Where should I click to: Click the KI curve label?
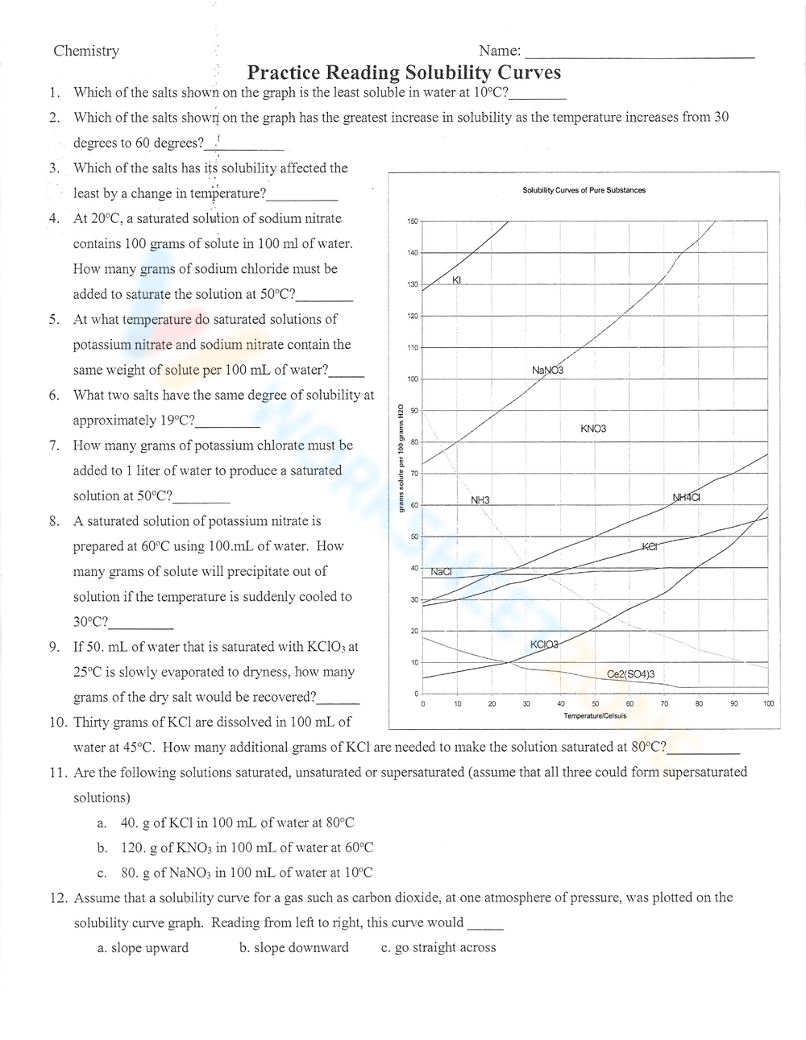456,280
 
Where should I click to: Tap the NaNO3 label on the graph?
548,370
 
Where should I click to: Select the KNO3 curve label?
593,429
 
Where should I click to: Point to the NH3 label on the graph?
480,500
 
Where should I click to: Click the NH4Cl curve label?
686,497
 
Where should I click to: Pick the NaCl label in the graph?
441,571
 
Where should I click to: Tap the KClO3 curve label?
544,644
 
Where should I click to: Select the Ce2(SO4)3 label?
630,674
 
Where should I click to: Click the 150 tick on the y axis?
413,222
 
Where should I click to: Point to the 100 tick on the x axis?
768,704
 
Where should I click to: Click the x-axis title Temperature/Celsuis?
595,715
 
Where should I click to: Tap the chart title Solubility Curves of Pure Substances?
584,190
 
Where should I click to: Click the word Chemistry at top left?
86,51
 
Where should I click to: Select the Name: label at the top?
500,51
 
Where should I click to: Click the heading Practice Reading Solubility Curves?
404,73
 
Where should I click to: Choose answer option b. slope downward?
293,947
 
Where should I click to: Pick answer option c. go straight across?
438,947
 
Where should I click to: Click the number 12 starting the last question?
56,897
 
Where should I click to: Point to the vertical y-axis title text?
400,457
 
